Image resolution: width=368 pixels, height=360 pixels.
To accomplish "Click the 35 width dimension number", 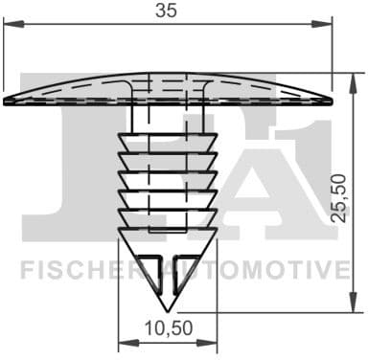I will (168, 12).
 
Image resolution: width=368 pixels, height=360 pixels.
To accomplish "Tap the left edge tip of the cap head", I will (6, 100).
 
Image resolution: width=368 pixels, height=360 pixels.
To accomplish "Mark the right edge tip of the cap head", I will (332, 100).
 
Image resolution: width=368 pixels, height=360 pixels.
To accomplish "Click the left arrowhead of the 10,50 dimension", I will (122, 346).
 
